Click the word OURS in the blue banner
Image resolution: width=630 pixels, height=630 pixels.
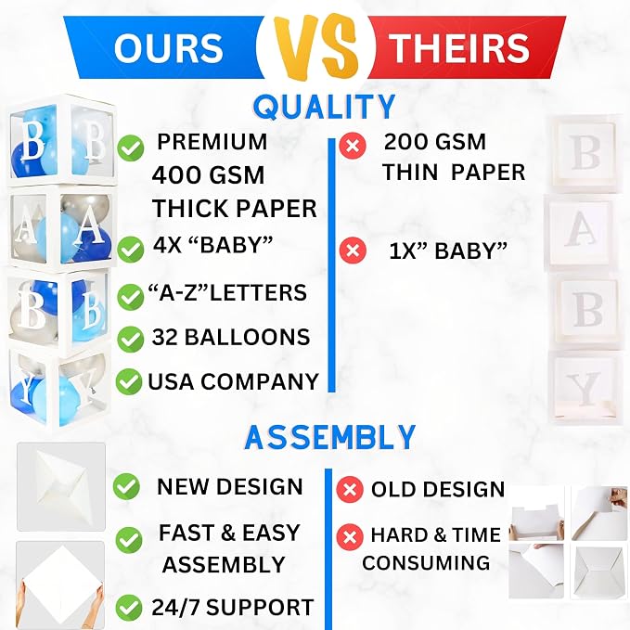168,47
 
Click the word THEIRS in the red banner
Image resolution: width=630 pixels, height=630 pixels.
459,47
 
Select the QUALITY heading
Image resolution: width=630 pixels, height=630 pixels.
324,107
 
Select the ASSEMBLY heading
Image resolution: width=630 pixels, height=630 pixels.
330,437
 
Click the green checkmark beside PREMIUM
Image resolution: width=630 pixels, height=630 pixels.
131,148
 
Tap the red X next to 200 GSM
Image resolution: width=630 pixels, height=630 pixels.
353,145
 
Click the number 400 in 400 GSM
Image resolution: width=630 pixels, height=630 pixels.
174,175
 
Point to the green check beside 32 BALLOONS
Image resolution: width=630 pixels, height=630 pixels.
130,339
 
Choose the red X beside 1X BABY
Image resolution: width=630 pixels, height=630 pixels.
353,251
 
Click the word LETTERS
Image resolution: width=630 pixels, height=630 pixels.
258,292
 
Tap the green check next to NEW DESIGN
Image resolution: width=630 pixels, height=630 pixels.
126,486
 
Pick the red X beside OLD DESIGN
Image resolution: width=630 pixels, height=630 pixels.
350,489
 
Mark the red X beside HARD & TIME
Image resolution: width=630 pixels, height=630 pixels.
350,537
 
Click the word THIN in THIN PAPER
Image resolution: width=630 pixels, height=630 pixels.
410,173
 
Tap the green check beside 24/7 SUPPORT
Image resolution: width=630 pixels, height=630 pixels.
129,608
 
